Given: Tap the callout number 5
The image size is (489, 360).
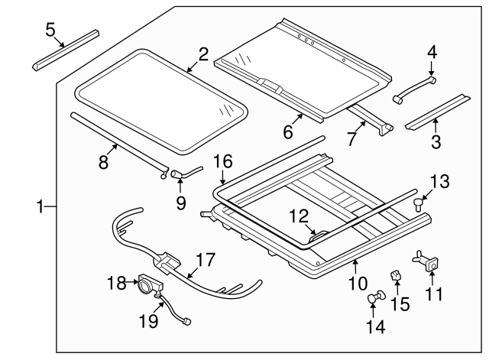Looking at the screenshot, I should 50,30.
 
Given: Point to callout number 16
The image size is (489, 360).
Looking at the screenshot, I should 222,162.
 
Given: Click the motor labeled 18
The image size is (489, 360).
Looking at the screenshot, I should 148,287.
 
